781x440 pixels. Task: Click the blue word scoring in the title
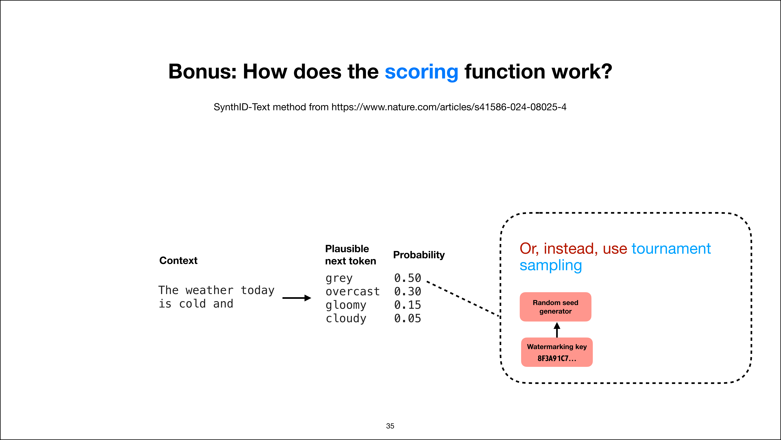click(421, 72)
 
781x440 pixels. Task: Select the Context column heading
click(178, 260)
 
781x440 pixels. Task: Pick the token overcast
click(352, 291)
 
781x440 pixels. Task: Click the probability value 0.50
click(407, 278)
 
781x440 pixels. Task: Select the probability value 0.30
click(407, 291)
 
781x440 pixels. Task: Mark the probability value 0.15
click(407, 305)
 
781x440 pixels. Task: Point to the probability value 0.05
click(407, 318)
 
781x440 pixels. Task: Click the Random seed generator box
click(555, 307)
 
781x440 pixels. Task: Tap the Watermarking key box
click(557, 352)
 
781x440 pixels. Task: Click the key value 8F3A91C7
click(557, 358)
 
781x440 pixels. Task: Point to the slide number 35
click(390, 426)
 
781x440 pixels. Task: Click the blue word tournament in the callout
click(671, 249)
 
